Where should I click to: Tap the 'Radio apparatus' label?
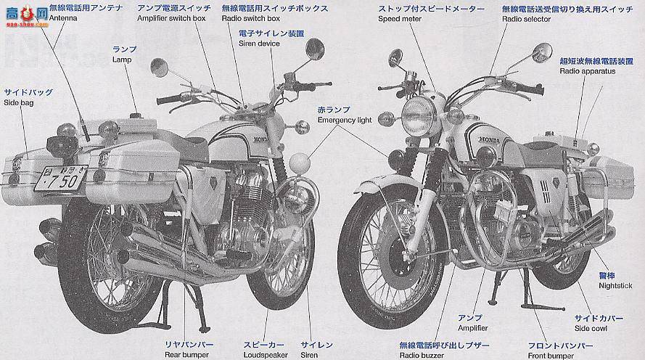[587, 72]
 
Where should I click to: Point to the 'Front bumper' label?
[551, 356]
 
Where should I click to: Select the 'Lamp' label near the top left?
[121, 60]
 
